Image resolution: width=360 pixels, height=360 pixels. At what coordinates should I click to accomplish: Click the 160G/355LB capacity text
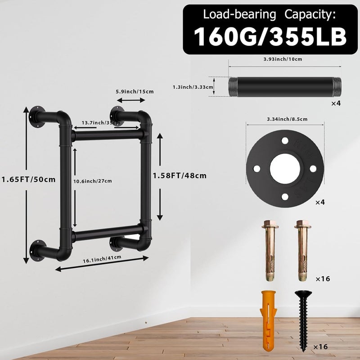[270, 37]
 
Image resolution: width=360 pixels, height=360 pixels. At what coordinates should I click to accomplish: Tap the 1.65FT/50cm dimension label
[28, 179]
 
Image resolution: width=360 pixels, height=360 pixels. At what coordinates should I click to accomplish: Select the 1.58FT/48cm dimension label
[180, 175]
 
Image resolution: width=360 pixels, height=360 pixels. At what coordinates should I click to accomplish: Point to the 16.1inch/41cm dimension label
[102, 259]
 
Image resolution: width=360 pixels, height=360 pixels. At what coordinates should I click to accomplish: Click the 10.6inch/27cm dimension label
[93, 181]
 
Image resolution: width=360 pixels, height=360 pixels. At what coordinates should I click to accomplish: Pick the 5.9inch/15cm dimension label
[135, 92]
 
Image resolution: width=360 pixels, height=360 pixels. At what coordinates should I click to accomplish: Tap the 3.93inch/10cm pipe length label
[283, 59]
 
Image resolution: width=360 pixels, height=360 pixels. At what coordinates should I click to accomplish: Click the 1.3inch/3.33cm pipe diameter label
[193, 87]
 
